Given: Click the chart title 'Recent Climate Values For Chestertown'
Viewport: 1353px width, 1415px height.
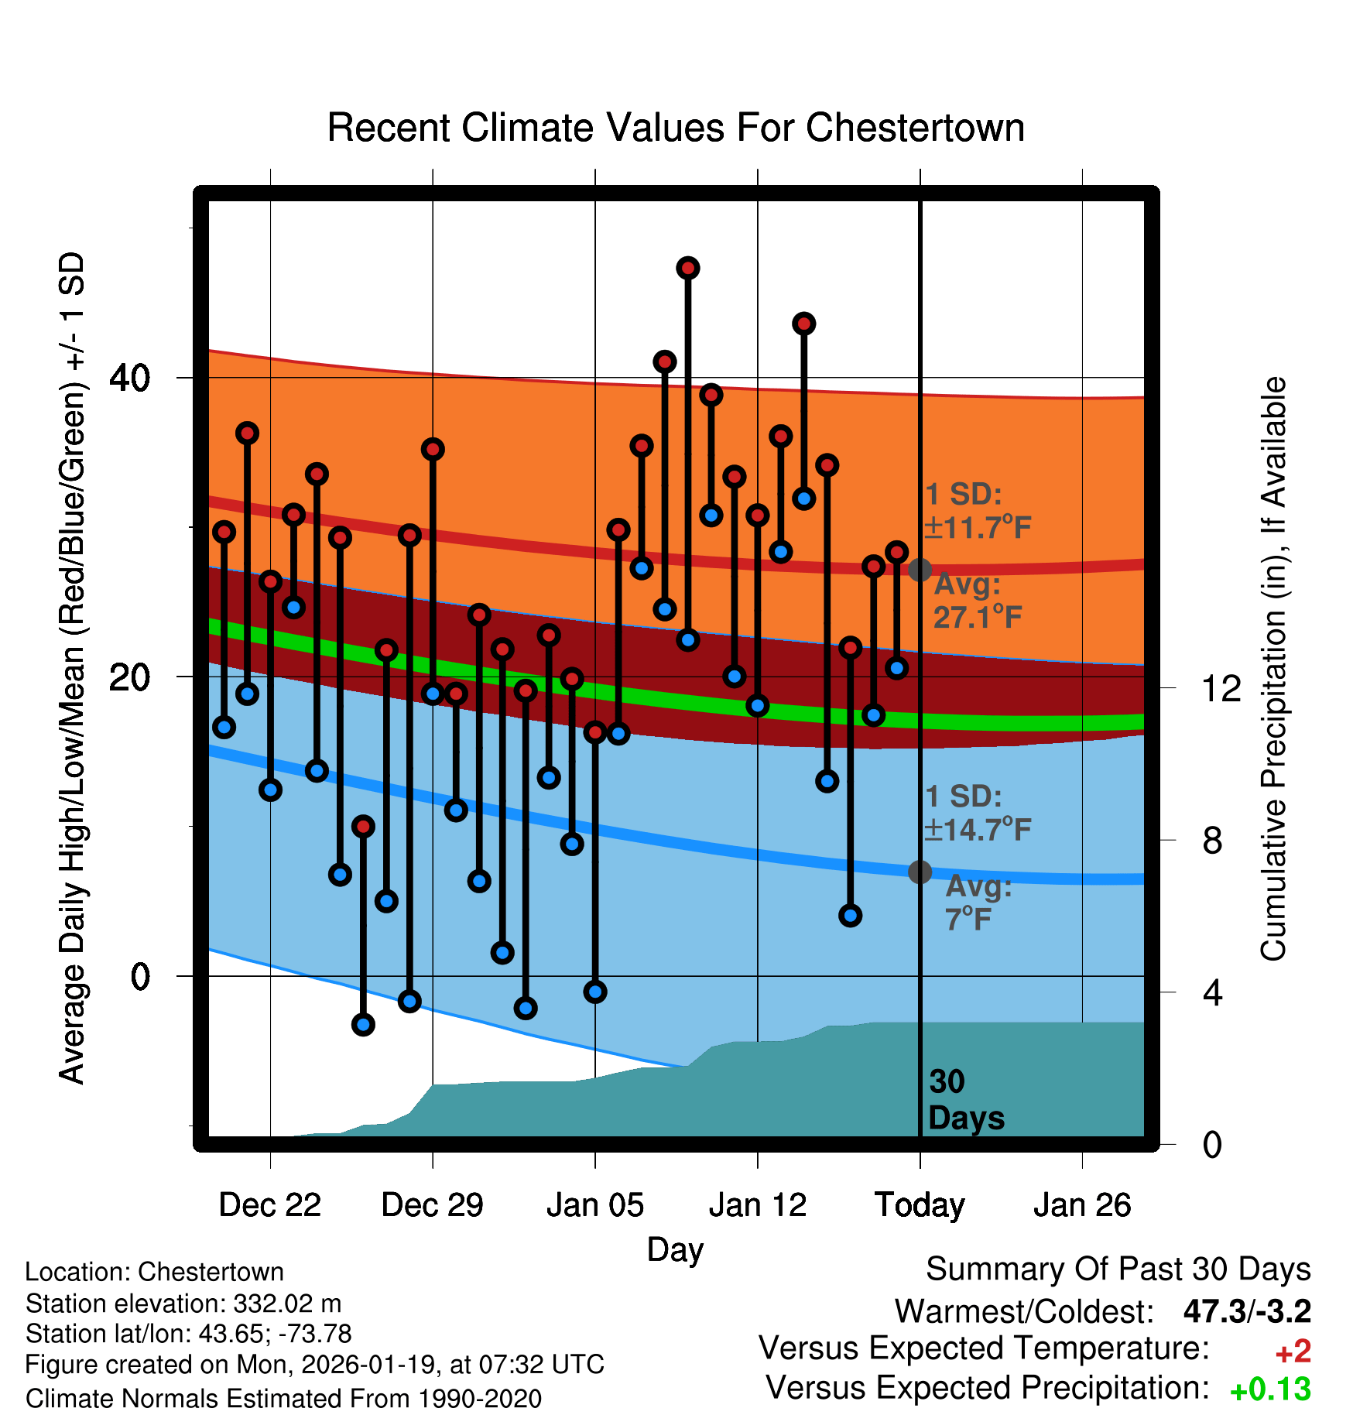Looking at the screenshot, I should (x=676, y=128).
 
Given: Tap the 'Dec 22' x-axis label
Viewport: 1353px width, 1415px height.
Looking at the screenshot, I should (x=269, y=1205).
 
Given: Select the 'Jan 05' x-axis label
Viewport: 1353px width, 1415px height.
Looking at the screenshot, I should (x=594, y=1205).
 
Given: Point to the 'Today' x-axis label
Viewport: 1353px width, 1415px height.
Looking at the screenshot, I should (x=920, y=1205).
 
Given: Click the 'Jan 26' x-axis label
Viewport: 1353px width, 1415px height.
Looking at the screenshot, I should (x=1082, y=1205).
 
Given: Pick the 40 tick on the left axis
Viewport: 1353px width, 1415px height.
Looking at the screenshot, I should (x=130, y=378).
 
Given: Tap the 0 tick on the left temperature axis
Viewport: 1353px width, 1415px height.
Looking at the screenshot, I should (x=140, y=976).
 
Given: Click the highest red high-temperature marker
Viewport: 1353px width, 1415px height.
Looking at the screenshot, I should (x=688, y=269).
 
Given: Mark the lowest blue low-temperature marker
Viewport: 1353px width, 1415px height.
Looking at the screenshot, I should (x=363, y=1025).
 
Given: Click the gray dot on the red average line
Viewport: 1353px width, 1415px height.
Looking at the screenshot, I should (x=920, y=570).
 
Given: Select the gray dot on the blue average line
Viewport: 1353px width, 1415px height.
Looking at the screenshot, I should (x=920, y=872).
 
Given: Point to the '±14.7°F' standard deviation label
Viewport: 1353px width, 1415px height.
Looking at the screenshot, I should (x=978, y=830).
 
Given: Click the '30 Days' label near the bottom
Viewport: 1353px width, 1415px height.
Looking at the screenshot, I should (x=965, y=1100).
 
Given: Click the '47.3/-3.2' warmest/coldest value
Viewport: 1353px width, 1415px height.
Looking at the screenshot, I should (x=1247, y=1311).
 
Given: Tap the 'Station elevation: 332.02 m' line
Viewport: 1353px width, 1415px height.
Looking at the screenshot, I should (x=183, y=1304).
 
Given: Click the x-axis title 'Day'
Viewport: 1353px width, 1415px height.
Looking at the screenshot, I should (x=675, y=1249).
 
